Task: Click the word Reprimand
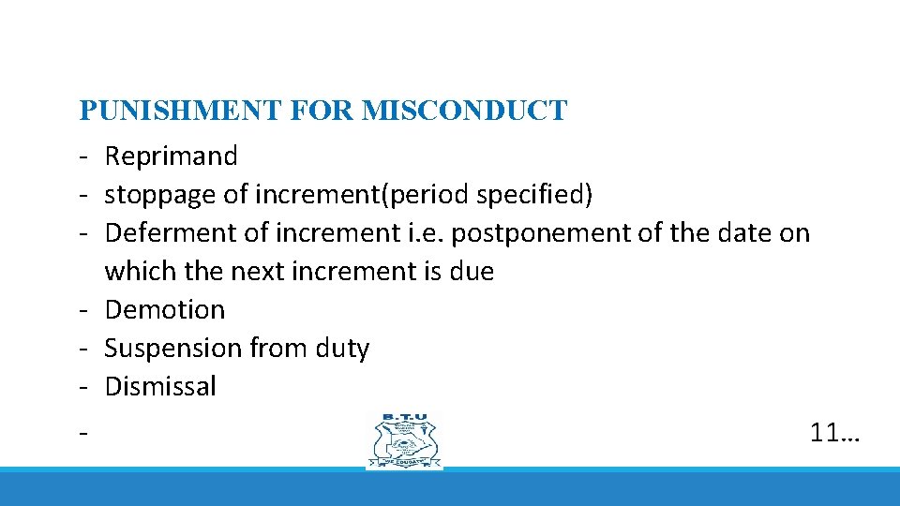click(x=171, y=156)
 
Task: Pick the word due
click(x=472, y=272)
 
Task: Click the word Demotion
click(x=165, y=310)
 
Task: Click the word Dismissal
click(x=160, y=387)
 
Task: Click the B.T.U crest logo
click(x=405, y=440)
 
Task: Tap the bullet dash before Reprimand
click(x=84, y=156)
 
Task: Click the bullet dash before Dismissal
click(x=84, y=387)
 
